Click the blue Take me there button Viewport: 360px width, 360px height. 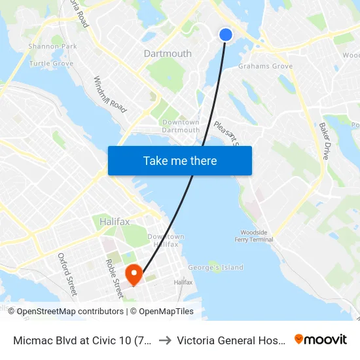click(x=180, y=160)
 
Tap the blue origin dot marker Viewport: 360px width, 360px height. click(x=226, y=35)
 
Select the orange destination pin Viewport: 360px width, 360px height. click(x=134, y=274)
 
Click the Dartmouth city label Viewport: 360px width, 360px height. click(x=168, y=54)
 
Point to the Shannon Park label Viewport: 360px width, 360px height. click(x=52, y=46)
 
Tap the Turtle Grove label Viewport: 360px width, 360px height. click(x=51, y=63)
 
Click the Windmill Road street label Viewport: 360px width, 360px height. click(x=109, y=94)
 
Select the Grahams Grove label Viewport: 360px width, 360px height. click(x=265, y=66)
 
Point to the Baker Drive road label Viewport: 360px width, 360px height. click(x=325, y=141)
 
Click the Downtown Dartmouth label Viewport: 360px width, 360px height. click(x=181, y=126)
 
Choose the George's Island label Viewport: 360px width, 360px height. click(x=215, y=267)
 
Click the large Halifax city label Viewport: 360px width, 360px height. click(x=115, y=222)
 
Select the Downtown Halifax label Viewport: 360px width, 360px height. click(x=166, y=240)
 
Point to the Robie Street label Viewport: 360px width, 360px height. click(x=114, y=278)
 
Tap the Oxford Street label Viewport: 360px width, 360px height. click(x=67, y=273)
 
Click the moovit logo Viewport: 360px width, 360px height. click(x=320, y=339)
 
